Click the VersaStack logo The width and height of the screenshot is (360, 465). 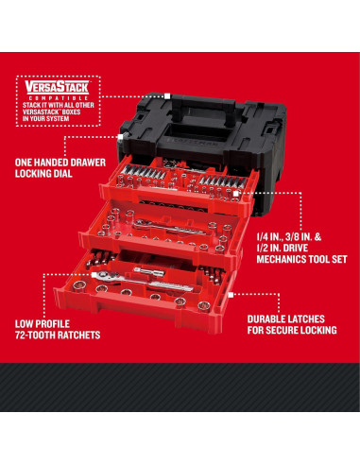pos(57,88)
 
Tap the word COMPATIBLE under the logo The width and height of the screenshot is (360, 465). pos(57,98)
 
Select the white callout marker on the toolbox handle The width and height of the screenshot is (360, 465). pos(167,95)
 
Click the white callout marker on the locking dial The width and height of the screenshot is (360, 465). pos(120,137)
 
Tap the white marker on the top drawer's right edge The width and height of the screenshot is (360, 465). pos(235,194)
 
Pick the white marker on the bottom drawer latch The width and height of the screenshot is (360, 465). pos(231,295)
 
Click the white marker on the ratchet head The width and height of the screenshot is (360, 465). pos(94,275)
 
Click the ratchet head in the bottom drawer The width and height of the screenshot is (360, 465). pos(107,276)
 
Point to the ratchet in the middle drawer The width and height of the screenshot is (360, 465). pos(169,228)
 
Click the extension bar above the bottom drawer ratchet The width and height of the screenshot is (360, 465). pos(149,271)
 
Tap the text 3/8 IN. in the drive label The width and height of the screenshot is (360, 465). pos(293,237)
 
